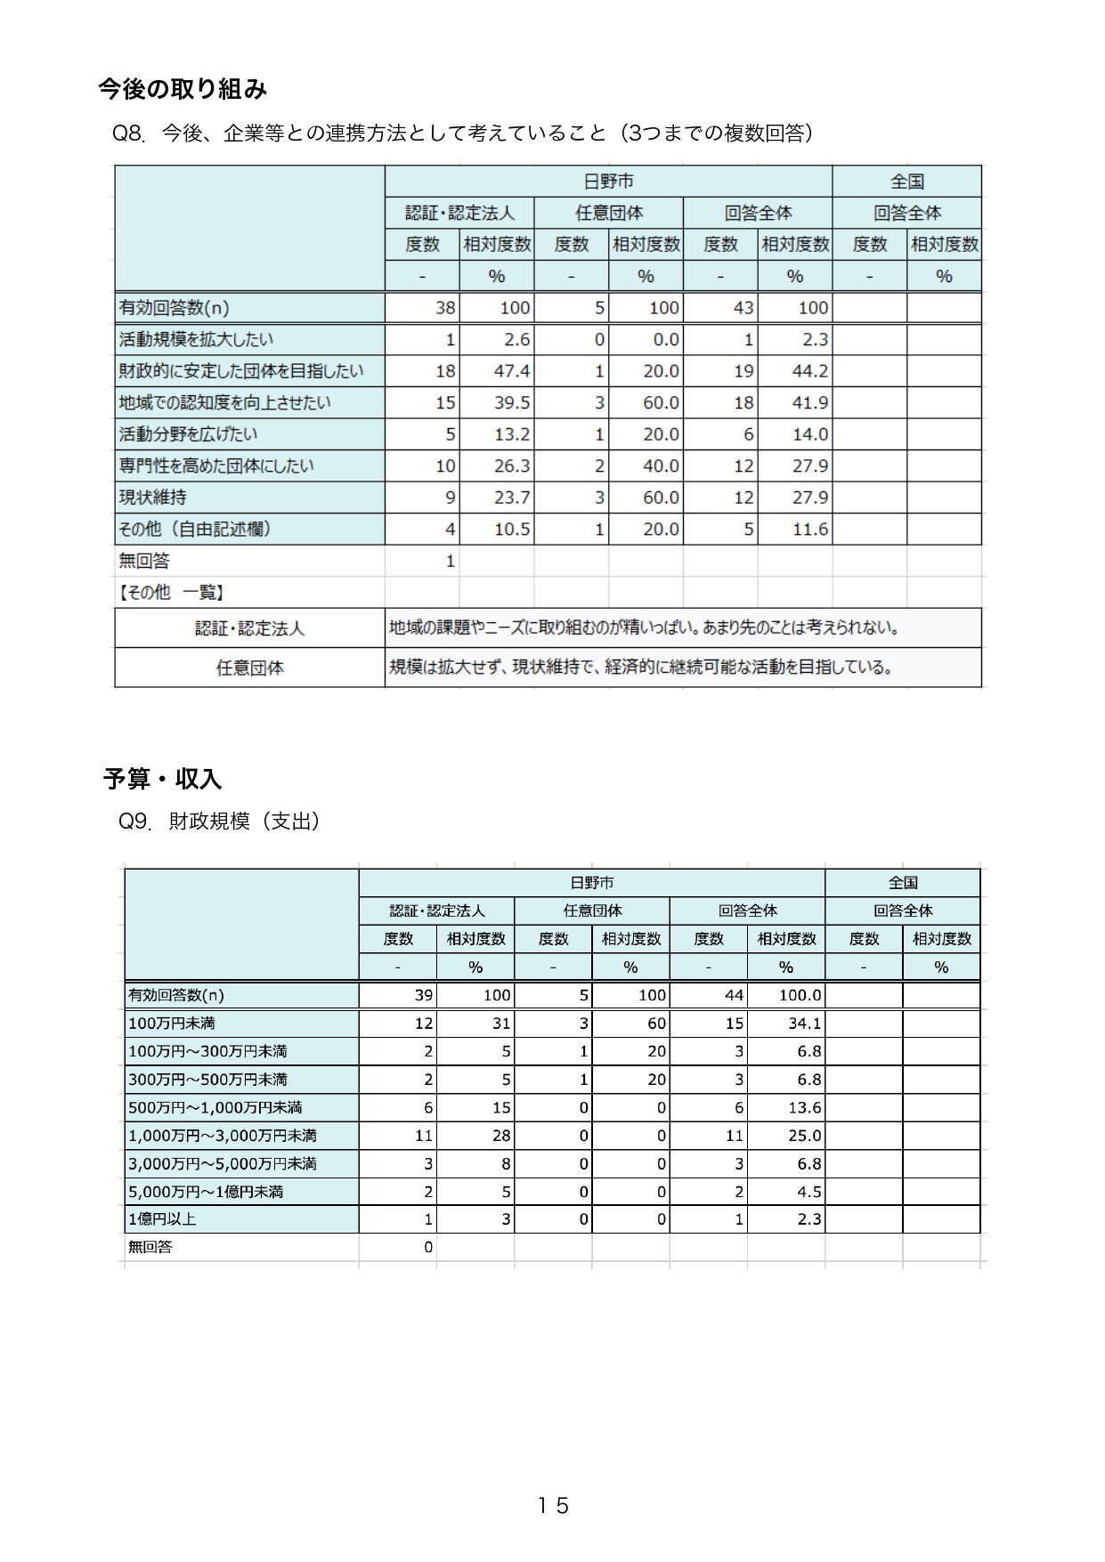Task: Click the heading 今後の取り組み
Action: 182,89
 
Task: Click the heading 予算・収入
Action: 162,779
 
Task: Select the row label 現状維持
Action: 153,498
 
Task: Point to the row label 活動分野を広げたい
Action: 189,434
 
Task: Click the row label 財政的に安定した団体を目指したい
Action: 241,371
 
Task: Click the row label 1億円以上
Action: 162,1219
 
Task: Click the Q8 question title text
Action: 462,134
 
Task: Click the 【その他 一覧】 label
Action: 171,593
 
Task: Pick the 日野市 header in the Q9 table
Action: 591,883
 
